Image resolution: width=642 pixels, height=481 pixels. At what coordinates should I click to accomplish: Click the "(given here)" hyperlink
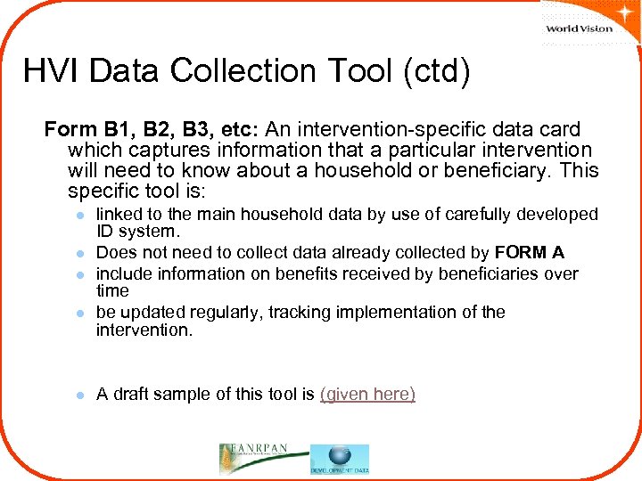point(367,394)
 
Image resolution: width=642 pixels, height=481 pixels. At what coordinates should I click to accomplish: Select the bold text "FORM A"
point(530,252)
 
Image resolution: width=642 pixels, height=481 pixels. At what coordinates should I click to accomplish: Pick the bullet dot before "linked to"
point(80,216)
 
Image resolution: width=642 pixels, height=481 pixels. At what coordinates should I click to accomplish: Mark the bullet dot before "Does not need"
point(80,254)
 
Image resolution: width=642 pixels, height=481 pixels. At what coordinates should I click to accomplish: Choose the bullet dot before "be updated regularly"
point(80,314)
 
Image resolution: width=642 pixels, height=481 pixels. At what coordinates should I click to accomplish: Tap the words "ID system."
point(138,232)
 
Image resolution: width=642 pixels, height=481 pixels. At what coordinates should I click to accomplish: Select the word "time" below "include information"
point(112,291)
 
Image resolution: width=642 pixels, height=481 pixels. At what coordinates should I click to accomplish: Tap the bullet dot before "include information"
point(80,275)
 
